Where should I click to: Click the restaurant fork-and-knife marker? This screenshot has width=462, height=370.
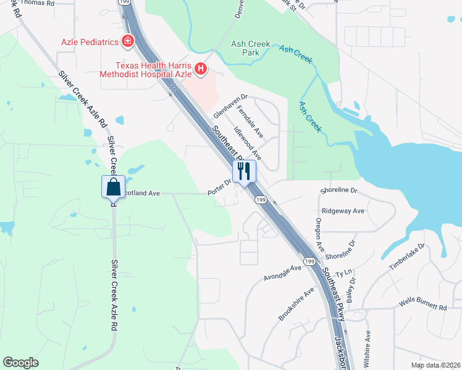pyautogui.click(x=243, y=171)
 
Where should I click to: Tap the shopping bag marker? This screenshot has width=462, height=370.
pyautogui.click(x=114, y=186)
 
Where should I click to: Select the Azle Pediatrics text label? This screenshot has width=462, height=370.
pyautogui.click(x=89, y=42)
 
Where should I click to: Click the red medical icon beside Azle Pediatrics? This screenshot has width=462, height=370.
pyautogui.click(x=128, y=42)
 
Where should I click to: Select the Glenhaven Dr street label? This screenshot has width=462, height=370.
pyautogui.click(x=230, y=106)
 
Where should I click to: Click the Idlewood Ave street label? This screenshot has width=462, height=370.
pyautogui.click(x=248, y=144)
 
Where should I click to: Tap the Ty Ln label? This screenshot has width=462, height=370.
pyautogui.click(x=343, y=272)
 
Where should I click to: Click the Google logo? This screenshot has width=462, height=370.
pyautogui.click(x=20, y=362)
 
